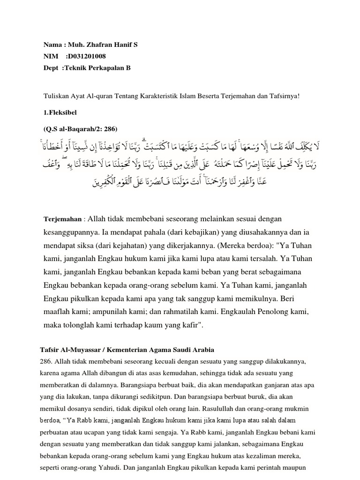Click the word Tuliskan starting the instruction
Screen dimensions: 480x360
click(55, 96)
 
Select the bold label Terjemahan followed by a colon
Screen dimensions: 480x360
click(63, 219)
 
